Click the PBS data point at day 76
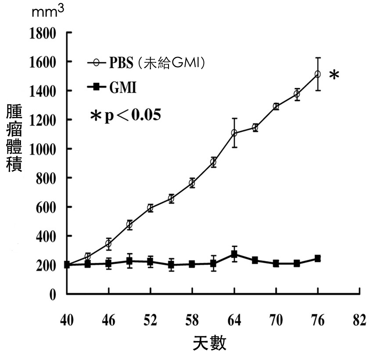(317, 74)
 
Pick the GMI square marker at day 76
(317, 259)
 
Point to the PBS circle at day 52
(150, 208)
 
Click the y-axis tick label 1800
(43, 33)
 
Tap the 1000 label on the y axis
(43, 149)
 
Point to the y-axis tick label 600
(46, 207)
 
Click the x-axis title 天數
(210, 343)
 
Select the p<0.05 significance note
(125, 115)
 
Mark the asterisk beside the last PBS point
(334, 76)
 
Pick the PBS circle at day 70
(276, 106)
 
